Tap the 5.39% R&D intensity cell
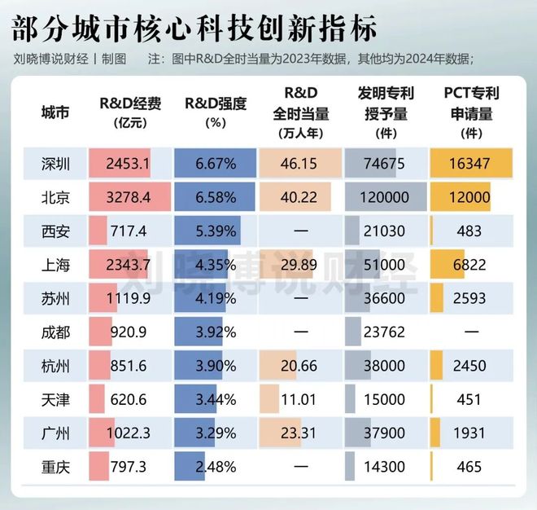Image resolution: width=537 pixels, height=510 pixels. pyautogui.click(x=216, y=231)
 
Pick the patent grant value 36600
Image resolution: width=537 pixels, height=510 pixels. pyautogui.click(x=386, y=299)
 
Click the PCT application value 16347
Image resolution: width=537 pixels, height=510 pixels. pyautogui.click(x=471, y=164)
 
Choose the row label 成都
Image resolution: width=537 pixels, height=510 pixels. pyautogui.click(x=56, y=332)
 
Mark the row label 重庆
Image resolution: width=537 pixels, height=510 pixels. pyautogui.click(x=56, y=468)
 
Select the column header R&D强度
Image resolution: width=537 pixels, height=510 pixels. pyautogui.click(x=216, y=104)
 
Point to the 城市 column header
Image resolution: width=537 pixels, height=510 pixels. pyautogui.click(x=56, y=113)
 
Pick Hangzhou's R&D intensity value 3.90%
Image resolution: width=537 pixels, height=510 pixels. pyautogui.click(x=216, y=367)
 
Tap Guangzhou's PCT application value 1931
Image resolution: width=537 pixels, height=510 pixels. pyautogui.click(x=471, y=434)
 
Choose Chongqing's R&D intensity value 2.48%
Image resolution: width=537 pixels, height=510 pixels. pyautogui.click(x=216, y=468)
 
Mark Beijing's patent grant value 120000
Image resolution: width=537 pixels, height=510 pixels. pyautogui.click(x=386, y=197)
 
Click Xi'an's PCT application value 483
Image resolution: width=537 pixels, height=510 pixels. pyautogui.click(x=471, y=231)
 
